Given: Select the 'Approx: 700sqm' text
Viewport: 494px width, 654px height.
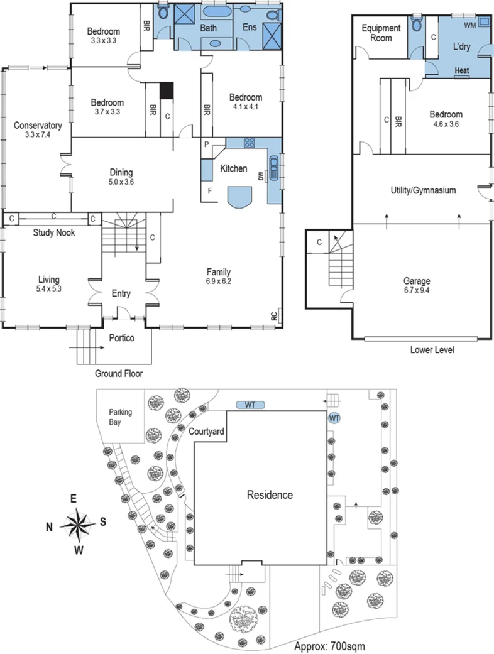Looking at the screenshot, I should pyautogui.click(x=329, y=645).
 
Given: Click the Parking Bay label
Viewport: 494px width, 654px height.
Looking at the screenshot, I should pyautogui.click(x=118, y=418).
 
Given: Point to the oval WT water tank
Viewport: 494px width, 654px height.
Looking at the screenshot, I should pyautogui.click(x=250, y=405).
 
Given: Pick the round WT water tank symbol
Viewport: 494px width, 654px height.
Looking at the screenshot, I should pyautogui.click(x=334, y=417).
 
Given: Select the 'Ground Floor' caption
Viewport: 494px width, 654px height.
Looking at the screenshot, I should pyautogui.click(x=119, y=373).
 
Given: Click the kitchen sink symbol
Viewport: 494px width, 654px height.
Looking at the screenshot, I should pyautogui.click(x=275, y=167).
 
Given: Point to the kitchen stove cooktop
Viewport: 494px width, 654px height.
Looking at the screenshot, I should pyautogui.click(x=248, y=143).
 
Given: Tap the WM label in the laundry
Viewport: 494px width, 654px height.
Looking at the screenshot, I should pyautogui.click(x=469, y=25).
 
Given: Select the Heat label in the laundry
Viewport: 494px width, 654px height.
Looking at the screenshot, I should pyautogui.click(x=461, y=70).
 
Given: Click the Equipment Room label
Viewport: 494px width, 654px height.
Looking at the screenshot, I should pyautogui.click(x=381, y=33).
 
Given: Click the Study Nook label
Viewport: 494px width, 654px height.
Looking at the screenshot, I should pyautogui.click(x=54, y=232).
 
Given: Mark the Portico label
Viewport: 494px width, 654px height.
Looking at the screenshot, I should pyautogui.click(x=122, y=338).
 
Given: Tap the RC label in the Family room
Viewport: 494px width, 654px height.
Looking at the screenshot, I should pyautogui.click(x=273, y=316).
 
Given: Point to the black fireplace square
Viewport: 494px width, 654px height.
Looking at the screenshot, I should pyautogui.click(x=165, y=90).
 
